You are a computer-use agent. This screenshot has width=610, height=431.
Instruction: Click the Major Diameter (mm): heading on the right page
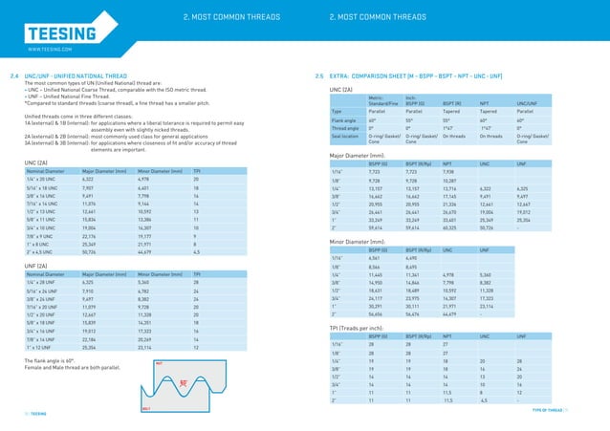(x=358, y=155)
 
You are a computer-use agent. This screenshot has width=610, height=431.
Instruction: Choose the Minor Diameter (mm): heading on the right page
(x=358, y=243)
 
